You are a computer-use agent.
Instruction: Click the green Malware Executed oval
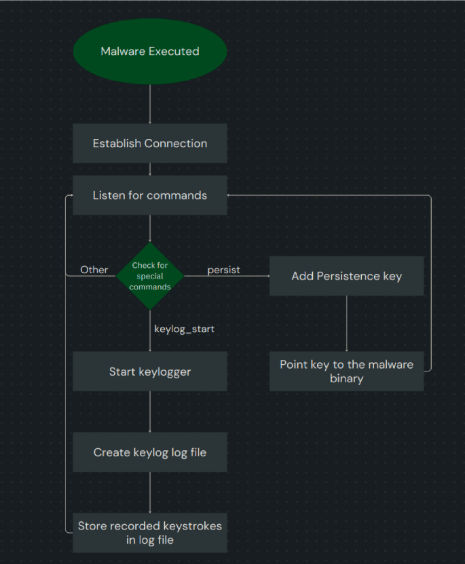point(149,52)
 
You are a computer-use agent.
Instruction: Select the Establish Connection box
point(149,144)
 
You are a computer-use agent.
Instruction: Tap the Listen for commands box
point(149,195)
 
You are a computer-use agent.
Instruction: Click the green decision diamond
point(149,276)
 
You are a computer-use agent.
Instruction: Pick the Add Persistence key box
point(346,276)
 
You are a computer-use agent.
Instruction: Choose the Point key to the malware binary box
point(346,371)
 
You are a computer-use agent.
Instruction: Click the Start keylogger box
point(149,371)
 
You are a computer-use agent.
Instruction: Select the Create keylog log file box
point(149,452)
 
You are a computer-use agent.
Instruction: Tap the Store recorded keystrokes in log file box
point(149,533)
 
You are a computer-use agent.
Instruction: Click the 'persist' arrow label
point(223,270)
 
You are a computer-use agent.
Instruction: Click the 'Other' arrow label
point(94,270)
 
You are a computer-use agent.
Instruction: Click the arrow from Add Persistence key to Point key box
point(346,323)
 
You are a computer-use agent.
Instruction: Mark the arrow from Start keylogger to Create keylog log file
point(149,411)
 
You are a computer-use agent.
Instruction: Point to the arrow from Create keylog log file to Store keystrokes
point(149,492)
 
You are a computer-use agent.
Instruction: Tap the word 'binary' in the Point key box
point(346,378)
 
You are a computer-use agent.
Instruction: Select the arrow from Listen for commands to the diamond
point(149,228)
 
